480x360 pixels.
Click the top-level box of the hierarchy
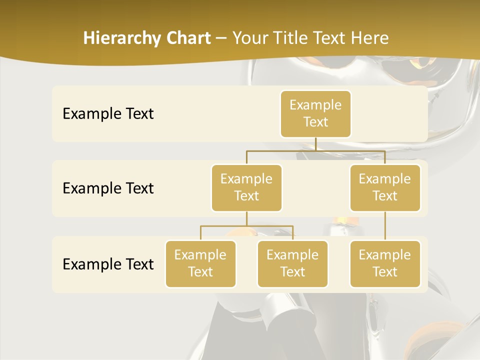tap(315, 113)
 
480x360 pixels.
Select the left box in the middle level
tap(246, 187)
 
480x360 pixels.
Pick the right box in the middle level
tap(385, 187)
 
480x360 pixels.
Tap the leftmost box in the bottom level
tap(200, 263)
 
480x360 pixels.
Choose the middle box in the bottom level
tap(292, 263)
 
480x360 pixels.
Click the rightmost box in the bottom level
tap(385, 263)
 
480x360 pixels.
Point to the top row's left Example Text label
tap(108, 114)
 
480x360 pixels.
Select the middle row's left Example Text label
tap(108, 188)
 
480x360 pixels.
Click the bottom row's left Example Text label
tap(108, 264)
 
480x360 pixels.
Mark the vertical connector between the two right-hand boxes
tap(385, 225)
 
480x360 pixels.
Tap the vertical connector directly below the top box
tap(315, 144)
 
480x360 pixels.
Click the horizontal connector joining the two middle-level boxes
tap(315, 150)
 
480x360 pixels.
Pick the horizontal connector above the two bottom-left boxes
tap(246, 226)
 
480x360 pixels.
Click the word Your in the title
tap(250, 38)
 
